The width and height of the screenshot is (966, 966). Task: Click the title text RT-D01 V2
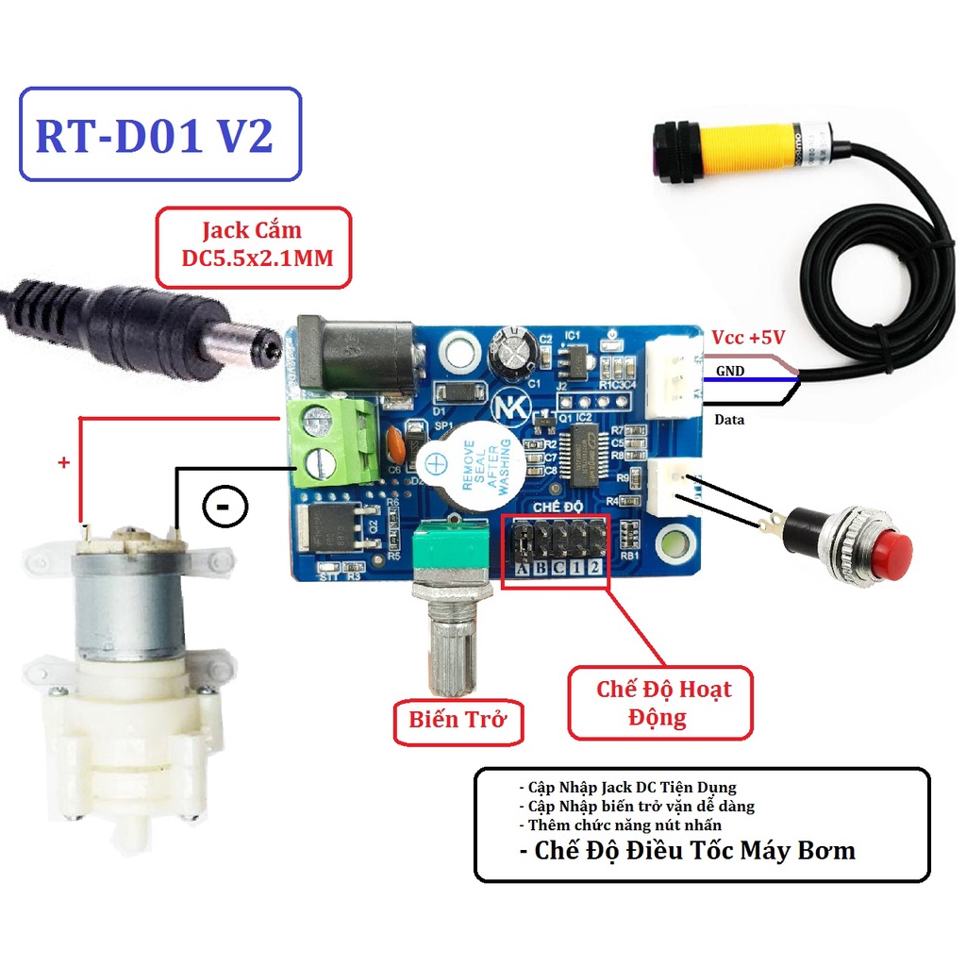pyautogui.click(x=156, y=136)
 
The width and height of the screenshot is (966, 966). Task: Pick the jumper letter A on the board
pyautogui.click(x=522, y=568)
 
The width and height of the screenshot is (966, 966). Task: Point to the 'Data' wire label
pyautogui.click(x=729, y=419)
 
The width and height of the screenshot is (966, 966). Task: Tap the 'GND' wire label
pyautogui.click(x=729, y=372)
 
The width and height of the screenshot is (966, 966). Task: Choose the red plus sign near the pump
pyautogui.click(x=64, y=463)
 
